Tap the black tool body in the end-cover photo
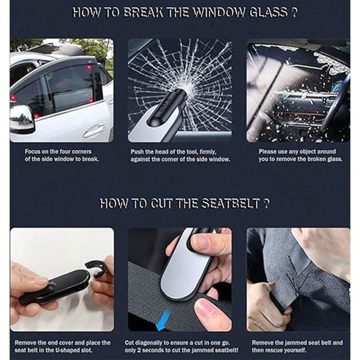[x=56, y=286]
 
